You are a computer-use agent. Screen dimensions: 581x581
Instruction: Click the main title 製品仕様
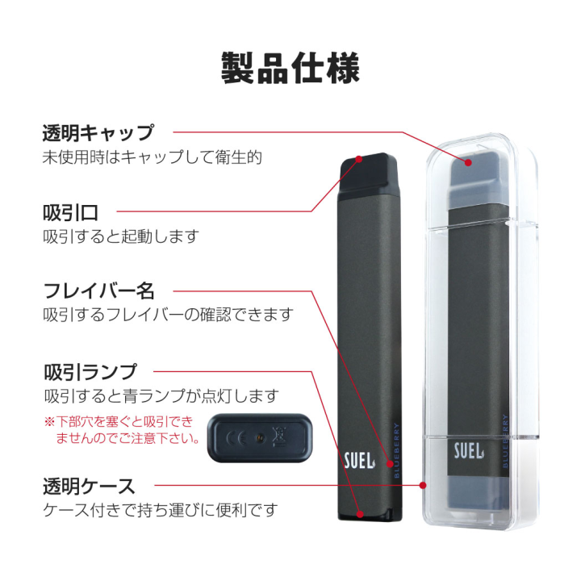tap(290, 68)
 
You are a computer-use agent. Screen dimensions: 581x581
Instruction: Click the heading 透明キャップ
tap(98, 133)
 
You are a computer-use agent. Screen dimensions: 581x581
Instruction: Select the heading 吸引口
tap(71, 212)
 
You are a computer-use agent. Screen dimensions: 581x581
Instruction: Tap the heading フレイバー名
tap(98, 290)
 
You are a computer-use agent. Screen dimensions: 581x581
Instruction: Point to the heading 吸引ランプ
tap(90, 372)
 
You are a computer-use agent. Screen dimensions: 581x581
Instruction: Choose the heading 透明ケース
tap(89, 486)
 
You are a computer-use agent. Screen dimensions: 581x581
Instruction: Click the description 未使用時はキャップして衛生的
tap(152, 157)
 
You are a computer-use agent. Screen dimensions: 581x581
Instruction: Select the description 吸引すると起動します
tap(121, 236)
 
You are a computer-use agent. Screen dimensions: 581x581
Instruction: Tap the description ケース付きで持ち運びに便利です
tap(160, 510)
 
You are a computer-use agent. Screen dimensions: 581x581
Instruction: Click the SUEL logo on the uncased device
tap(359, 461)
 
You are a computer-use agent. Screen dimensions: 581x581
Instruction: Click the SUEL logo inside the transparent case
tap(469, 451)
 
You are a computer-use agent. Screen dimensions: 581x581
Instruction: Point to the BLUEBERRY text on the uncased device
tap(396, 450)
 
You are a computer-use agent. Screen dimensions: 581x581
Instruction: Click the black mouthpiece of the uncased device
tap(369, 173)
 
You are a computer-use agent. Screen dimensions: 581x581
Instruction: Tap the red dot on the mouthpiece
tap(358, 159)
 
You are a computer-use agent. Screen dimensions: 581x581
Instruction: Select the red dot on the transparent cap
tap(468, 162)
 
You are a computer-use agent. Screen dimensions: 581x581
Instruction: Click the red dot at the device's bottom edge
tap(360, 514)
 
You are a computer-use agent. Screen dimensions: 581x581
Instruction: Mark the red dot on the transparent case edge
tap(423, 485)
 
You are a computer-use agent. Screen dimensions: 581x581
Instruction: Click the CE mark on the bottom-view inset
tap(236, 438)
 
